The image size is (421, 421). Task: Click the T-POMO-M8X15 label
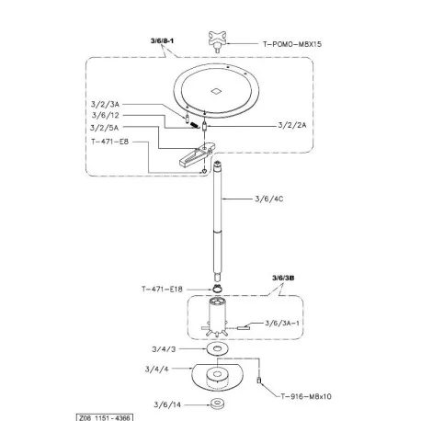292,44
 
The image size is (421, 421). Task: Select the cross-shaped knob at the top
218,40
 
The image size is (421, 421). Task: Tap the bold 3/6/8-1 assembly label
162,40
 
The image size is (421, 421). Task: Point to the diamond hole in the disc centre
217,91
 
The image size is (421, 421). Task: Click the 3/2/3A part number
105,104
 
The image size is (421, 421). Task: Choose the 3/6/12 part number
106,116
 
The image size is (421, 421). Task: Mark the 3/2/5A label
104,128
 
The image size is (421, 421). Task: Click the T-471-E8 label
109,142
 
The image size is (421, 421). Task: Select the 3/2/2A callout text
292,125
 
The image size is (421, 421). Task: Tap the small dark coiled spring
194,125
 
